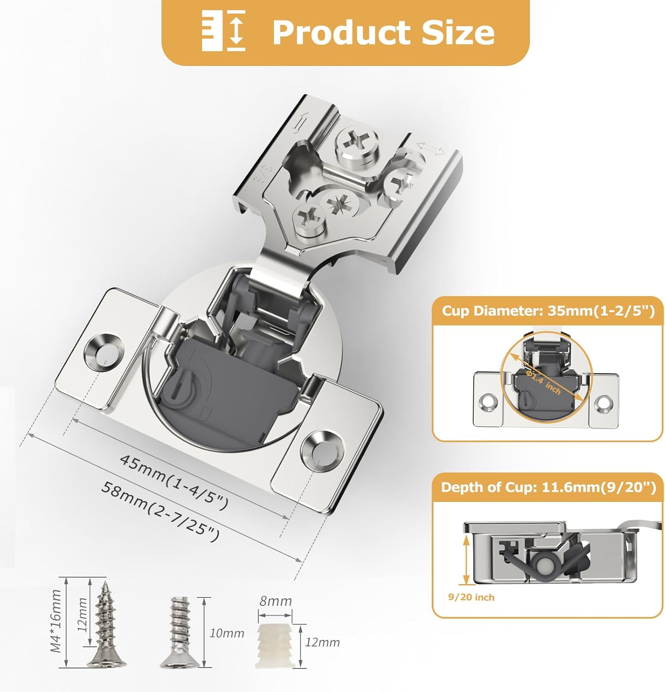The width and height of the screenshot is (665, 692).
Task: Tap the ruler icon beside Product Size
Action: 224,32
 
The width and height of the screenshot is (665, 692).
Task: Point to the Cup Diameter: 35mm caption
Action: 548,311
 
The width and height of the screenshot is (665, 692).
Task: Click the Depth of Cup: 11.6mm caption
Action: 548,488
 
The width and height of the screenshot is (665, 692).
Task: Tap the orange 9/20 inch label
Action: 471,597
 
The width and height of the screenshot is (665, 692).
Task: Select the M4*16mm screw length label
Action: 56,620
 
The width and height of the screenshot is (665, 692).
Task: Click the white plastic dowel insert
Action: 274,646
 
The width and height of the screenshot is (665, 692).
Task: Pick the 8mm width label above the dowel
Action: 275,601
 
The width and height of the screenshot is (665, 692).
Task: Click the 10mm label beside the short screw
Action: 226,633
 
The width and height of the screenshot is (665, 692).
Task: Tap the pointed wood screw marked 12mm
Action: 107,623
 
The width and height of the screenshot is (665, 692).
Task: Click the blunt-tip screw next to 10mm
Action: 180,632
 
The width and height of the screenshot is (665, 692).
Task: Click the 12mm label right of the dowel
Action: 322,642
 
